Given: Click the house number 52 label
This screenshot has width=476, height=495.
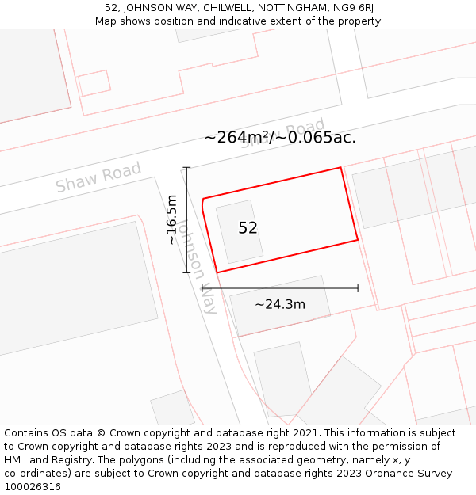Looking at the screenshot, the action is pos(248,228).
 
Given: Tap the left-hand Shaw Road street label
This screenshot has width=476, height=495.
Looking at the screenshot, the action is pos(98,177).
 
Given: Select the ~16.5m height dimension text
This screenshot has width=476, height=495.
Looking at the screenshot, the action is pos(171,220).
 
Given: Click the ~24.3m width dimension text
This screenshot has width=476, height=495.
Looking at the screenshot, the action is pos(280,304).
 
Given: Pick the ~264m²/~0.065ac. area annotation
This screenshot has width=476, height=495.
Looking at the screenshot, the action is pos(280,137).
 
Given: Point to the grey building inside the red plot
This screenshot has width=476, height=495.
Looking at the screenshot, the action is pos(239,231).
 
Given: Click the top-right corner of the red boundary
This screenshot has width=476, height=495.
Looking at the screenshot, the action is pos(341,168).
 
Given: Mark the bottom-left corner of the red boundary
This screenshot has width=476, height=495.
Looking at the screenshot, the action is pos(217,272).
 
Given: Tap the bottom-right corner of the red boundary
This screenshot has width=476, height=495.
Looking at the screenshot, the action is pos(358,239).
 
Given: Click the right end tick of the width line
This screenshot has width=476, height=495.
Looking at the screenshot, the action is pos(358,288).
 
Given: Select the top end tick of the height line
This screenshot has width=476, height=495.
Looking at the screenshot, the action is pos(187,168).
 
